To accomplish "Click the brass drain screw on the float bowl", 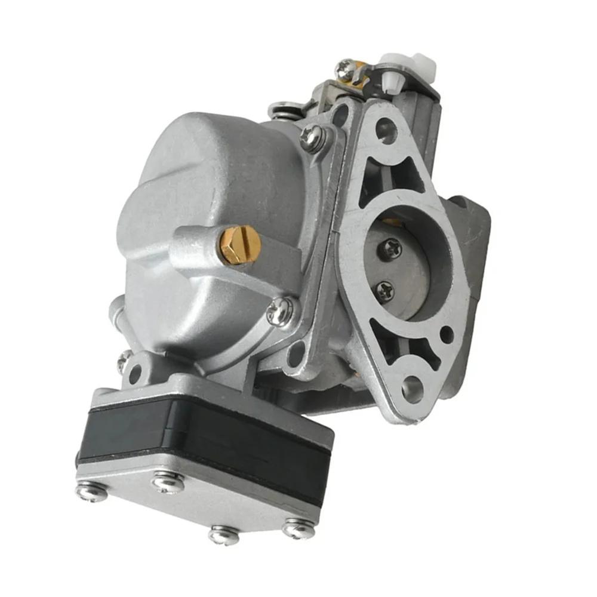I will pos(240,245).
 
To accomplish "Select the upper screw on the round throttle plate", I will pos(391,248).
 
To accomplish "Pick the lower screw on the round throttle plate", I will pos(384,291).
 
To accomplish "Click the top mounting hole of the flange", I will pos(386,130).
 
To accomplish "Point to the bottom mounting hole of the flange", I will pos(412,389).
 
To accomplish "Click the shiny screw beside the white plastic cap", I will pos(346,68).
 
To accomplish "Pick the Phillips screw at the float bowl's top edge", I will pos(312,138).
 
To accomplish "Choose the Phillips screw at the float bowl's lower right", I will pos(279,311).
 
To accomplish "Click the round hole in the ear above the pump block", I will pos(135,374).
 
